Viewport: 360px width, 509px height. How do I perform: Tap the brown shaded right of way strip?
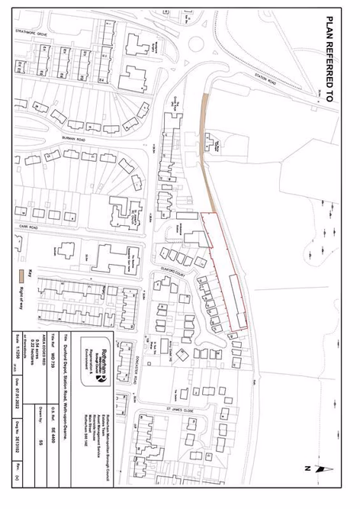(206, 145)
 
